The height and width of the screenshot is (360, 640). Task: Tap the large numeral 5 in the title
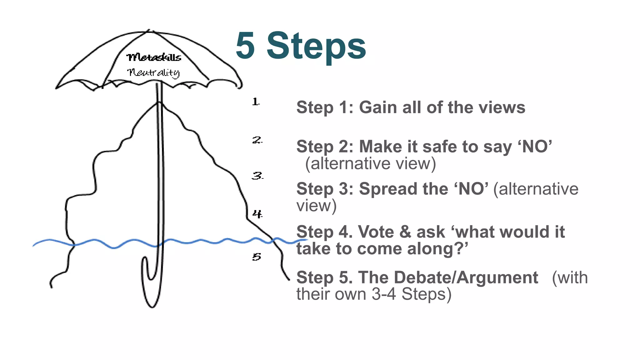(246, 46)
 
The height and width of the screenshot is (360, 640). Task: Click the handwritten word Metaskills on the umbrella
(154, 57)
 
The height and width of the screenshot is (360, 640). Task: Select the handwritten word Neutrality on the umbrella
(153, 72)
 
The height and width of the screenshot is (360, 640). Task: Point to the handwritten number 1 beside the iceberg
(256, 102)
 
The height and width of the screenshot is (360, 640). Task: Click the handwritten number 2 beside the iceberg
(257, 140)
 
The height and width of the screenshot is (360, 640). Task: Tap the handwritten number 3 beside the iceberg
(257, 176)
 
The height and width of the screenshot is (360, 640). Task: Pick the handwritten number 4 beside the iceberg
(257, 214)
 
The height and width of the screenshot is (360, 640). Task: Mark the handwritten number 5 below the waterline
(257, 257)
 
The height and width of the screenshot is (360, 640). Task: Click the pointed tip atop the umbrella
(149, 31)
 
